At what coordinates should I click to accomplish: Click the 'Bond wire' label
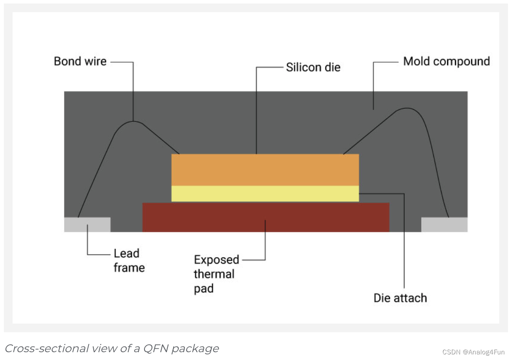(80, 61)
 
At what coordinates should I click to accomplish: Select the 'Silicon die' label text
(313, 67)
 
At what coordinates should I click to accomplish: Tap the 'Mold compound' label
(446, 61)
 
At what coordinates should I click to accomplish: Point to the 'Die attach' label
(400, 298)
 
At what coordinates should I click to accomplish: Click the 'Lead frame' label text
(129, 260)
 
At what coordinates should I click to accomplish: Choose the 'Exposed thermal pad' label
(216, 274)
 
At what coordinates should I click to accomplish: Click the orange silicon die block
(265, 170)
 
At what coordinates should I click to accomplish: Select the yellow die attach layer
(265, 193)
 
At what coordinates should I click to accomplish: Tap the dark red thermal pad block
(265, 217)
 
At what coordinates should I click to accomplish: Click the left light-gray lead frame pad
(87, 224)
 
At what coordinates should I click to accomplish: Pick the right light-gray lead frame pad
(444, 224)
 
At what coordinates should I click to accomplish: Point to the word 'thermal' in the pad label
(214, 274)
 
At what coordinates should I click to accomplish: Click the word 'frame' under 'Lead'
(129, 267)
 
